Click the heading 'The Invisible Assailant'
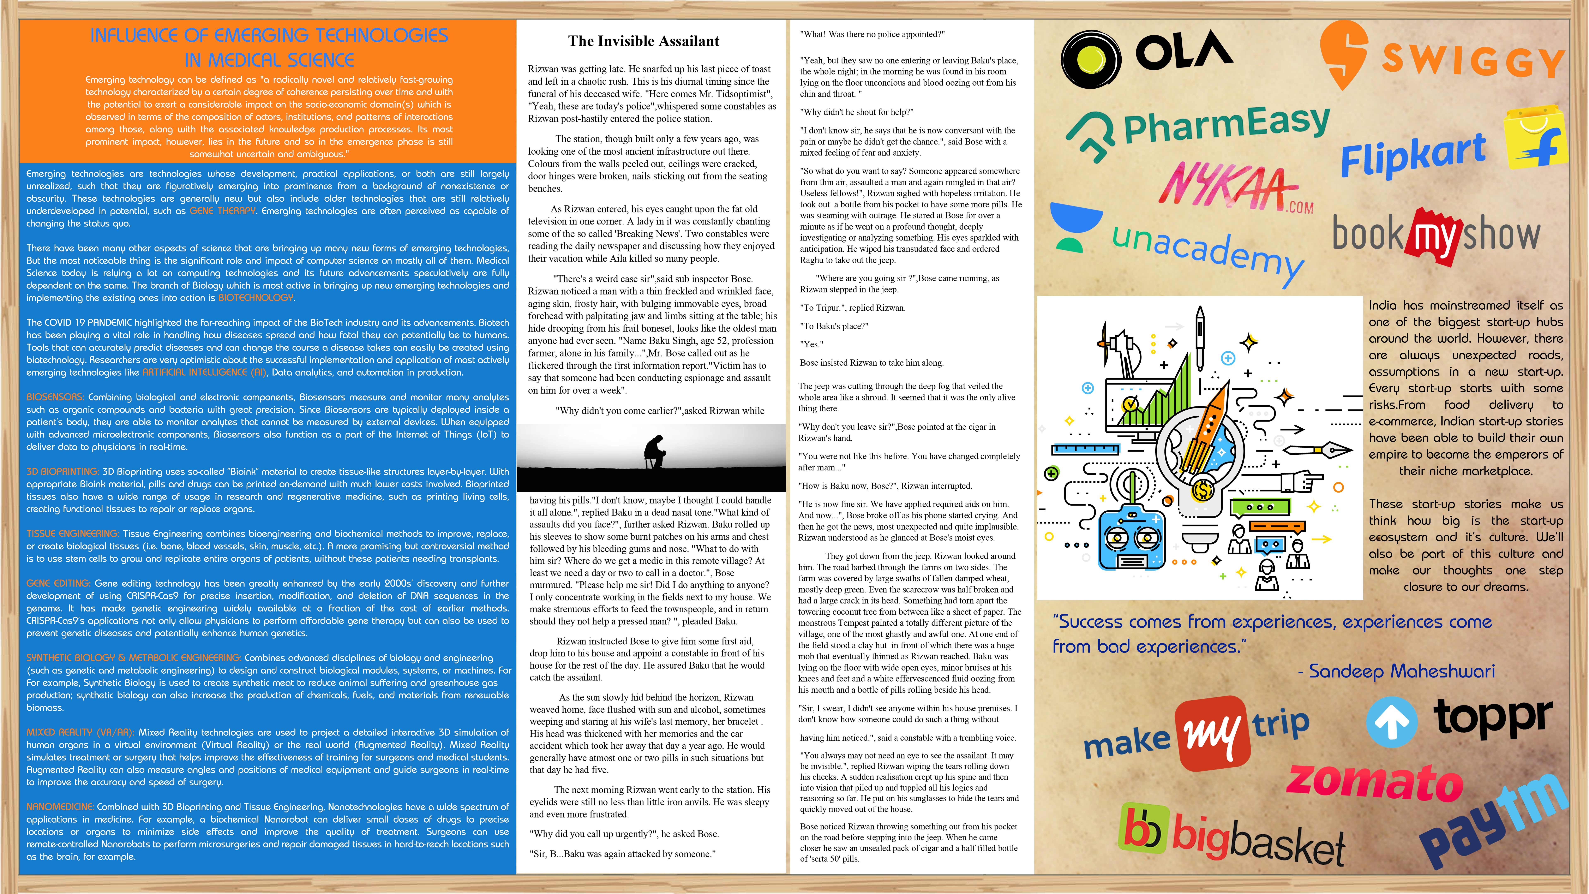coord(643,41)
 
